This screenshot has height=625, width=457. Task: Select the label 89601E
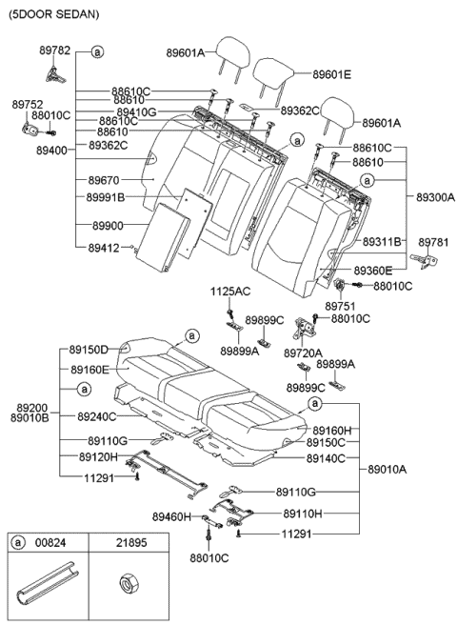332,73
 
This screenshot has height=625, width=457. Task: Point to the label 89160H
333,431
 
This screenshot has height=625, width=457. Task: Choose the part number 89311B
381,241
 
